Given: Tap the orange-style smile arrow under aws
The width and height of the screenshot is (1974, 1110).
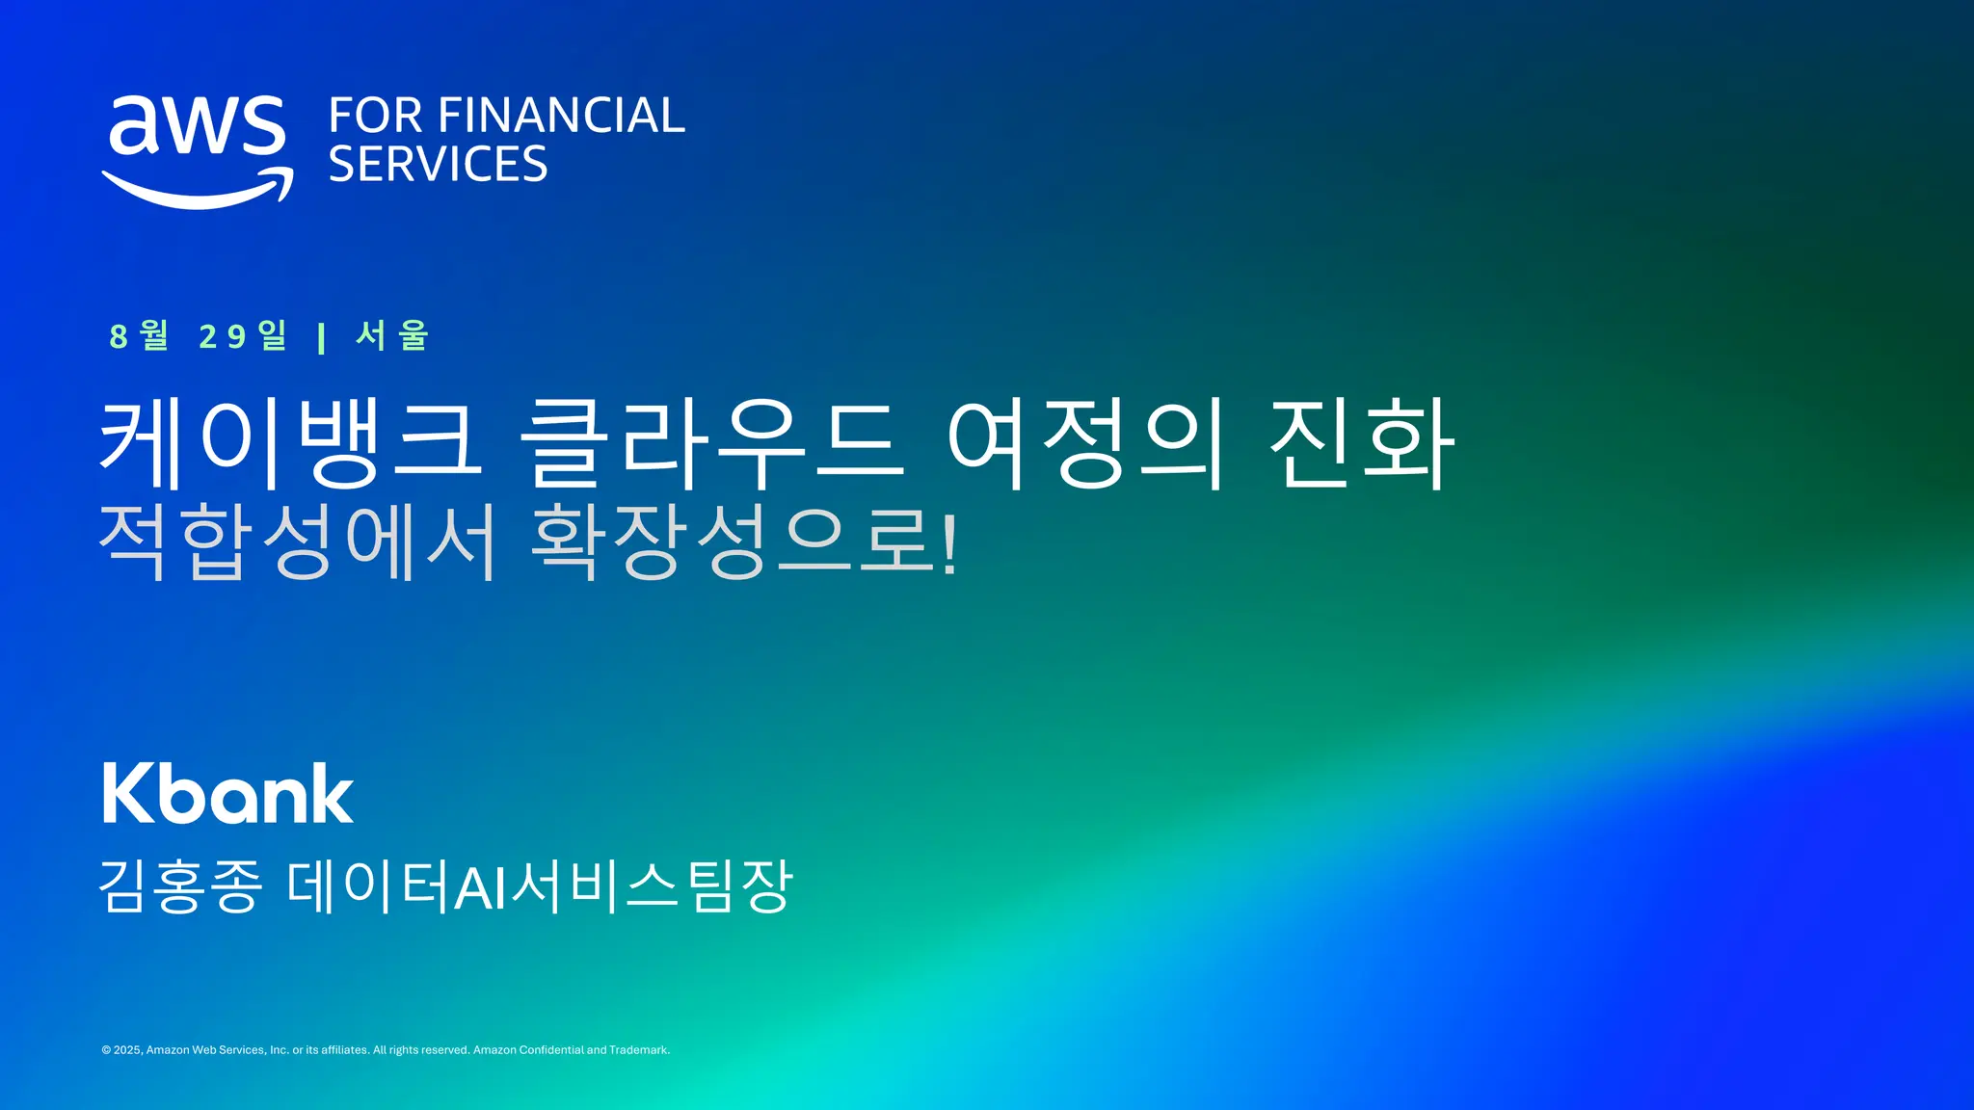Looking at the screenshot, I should [199, 190].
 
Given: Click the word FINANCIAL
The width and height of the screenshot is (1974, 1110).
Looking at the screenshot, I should [561, 116].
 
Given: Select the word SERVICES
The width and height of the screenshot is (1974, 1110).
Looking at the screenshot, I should [438, 165].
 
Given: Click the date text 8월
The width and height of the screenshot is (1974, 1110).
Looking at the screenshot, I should [140, 335].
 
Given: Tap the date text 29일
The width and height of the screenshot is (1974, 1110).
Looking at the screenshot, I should [243, 335].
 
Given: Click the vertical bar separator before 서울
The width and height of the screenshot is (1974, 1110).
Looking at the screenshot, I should [321, 337].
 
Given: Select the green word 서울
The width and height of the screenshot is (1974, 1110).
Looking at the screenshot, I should [391, 335].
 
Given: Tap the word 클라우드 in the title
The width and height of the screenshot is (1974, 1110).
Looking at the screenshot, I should [712, 443].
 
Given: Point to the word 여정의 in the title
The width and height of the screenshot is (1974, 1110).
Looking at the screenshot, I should [1086, 443].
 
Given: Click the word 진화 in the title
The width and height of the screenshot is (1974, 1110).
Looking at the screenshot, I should [1361, 443].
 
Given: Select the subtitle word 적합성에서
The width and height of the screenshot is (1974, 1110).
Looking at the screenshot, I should [298, 542].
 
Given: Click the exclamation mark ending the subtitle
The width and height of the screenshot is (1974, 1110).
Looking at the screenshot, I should [949, 543].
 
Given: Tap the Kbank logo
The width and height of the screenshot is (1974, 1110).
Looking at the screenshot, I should [227, 794].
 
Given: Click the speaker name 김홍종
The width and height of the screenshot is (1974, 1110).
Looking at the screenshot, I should [181, 886].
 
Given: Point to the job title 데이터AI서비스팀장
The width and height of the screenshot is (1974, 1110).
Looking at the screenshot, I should [540, 886].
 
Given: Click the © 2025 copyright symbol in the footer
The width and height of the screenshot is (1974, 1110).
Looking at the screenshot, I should [106, 1050].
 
